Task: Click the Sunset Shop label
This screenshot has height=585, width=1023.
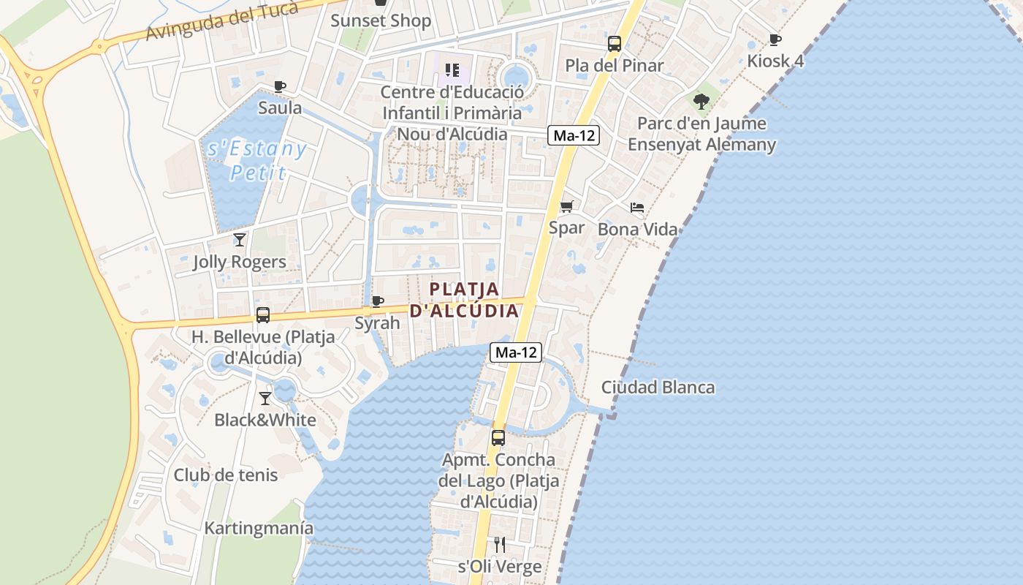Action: tap(381, 20)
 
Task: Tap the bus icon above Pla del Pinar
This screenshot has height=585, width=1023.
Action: tap(615, 43)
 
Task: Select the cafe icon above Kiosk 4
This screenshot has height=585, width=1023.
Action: tap(775, 39)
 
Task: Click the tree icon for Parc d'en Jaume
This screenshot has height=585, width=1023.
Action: tap(701, 101)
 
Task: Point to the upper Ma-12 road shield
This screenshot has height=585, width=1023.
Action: tap(574, 135)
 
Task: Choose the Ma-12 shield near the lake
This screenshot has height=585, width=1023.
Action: tap(516, 352)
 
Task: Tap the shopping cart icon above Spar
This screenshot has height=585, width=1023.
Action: tap(566, 206)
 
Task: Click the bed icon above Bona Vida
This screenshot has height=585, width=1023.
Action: tap(637, 208)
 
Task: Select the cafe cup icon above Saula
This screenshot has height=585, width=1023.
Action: tap(280, 86)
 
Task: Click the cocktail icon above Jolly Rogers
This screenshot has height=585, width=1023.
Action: tap(240, 239)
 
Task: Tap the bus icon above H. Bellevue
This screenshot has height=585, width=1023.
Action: tap(262, 315)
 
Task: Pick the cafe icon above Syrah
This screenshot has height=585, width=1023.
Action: tap(377, 301)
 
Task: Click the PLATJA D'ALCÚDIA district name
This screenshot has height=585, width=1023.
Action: tap(464, 300)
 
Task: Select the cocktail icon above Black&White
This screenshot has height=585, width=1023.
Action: tap(265, 398)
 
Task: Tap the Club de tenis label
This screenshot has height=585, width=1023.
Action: tap(225, 475)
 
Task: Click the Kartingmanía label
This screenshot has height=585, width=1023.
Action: tap(259, 528)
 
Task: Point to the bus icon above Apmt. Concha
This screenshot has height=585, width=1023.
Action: tap(498, 437)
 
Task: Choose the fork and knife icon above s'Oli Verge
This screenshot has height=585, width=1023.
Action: tap(500, 544)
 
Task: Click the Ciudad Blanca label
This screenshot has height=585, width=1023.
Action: tap(658, 387)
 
